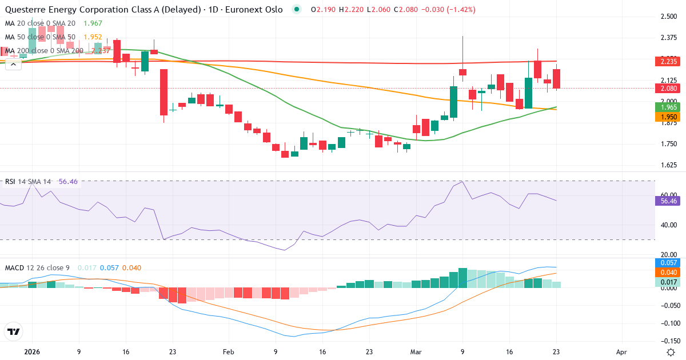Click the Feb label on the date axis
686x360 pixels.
coord(228,352)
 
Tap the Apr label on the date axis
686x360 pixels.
coord(623,352)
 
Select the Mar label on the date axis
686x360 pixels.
coord(416,352)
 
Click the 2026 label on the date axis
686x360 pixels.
coord(31,352)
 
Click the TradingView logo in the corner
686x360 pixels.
coord(14,332)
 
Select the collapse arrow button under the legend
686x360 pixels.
coord(13,65)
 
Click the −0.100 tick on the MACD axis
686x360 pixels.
coord(668,323)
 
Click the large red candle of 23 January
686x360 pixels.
coord(163,92)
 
